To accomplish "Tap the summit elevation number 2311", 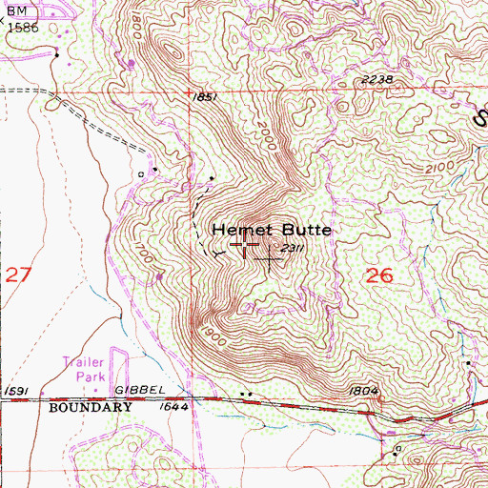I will pos(294,250).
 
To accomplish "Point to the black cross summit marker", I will pos(270,257).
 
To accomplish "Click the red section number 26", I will pos(379,276).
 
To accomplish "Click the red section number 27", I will pos(18,276).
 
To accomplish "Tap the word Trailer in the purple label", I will pos(82,362).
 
